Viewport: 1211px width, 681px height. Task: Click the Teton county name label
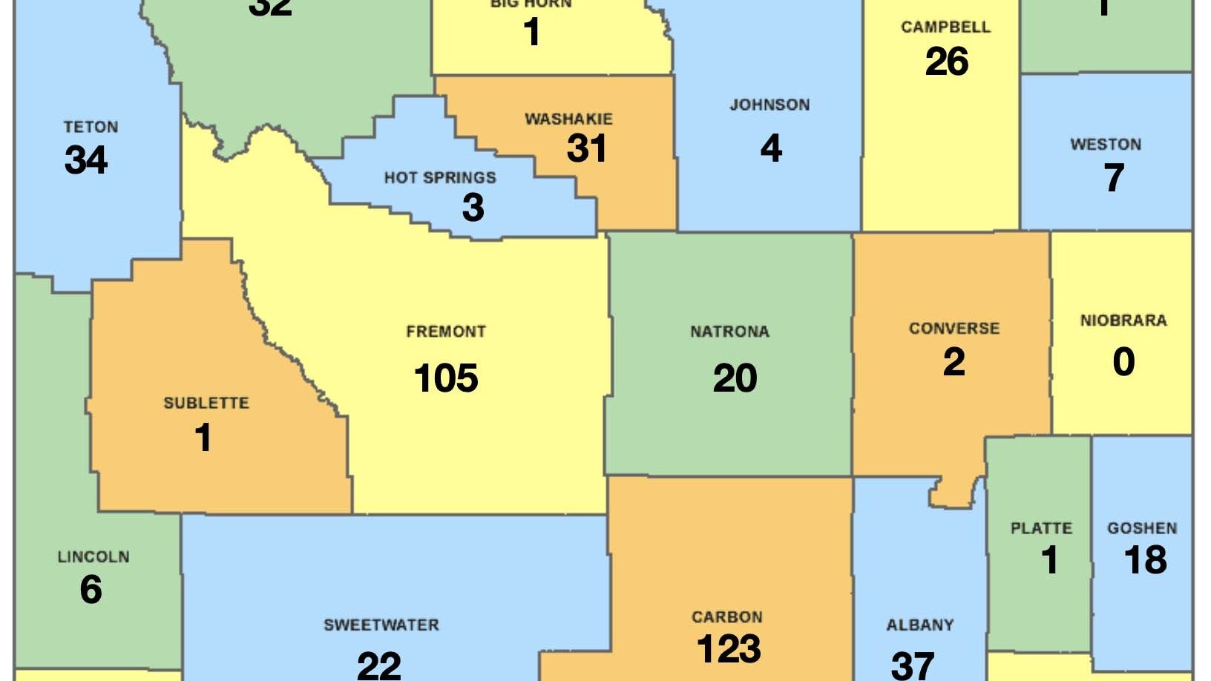(91, 127)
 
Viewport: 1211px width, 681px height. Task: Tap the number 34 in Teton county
(86, 159)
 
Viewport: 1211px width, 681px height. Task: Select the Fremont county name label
(445, 332)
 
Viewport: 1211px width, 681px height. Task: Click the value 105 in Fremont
(446, 378)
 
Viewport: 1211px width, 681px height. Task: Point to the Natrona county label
(729, 332)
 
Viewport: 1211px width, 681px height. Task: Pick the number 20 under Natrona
(735, 378)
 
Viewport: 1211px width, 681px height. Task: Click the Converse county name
(954, 328)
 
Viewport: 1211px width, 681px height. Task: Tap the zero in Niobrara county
(1123, 361)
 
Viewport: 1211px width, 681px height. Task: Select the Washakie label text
(568, 119)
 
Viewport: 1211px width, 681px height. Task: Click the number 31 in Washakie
(586, 148)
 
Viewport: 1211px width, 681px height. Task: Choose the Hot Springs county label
(440, 177)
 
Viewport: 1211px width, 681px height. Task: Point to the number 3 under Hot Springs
(473, 208)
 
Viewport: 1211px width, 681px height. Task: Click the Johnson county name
(769, 105)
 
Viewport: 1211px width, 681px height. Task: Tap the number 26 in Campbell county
(946, 62)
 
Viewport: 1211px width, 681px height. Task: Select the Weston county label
(1105, 145)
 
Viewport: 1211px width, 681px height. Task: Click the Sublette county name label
(206, 403)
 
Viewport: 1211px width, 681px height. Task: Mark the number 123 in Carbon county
(728, 649)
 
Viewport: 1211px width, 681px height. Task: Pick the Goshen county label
(1142, 528)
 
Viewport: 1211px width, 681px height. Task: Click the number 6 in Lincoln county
(91, 590)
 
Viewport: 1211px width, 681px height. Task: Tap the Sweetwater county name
(381, 625)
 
